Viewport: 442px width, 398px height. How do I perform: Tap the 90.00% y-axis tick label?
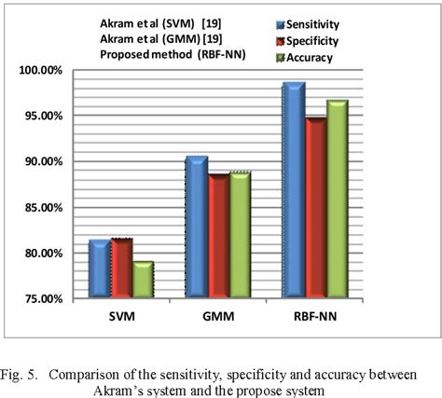coord(44,162)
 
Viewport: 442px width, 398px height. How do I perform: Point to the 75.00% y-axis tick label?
coord(44,299)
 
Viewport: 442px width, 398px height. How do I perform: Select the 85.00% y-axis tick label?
coord(44,208)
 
